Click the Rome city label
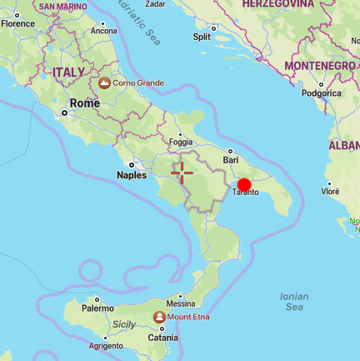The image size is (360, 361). pos(84,103)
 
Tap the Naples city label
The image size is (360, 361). pos(132,175)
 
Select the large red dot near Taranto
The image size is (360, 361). pos(244,186)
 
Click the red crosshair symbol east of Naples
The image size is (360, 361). pos(182,173)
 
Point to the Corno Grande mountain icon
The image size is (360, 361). pos(104,83)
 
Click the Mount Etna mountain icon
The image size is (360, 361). pos(159,317)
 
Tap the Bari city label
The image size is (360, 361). pos(231,158)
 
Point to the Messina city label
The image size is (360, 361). pos(181,304)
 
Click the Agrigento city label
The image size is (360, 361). pos(106,345)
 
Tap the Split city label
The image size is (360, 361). pos(202,37)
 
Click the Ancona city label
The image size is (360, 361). pos(103,31)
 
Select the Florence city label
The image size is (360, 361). pos(17,23)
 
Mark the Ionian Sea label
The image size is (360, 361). pos(294,302)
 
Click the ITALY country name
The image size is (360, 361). pos(68,73)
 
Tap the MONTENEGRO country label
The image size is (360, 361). pos(321,65)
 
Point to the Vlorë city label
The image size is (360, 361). pos(331,191)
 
